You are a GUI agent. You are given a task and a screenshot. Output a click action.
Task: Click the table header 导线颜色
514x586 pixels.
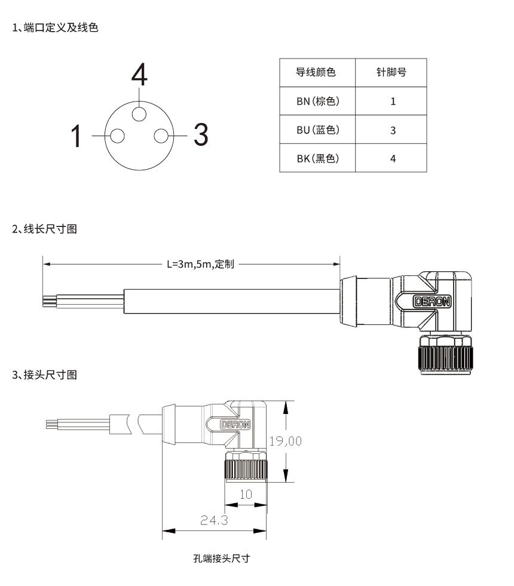pyautogui.click(x=316, y=73)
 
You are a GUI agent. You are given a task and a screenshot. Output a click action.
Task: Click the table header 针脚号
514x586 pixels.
pyautogui.click(x=392, y=73)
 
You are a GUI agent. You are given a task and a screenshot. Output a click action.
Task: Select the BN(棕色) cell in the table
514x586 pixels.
pyautogui.click(x=317, y=101)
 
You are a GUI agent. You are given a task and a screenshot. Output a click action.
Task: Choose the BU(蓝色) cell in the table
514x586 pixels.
pyautogui.click(x=317, y=130)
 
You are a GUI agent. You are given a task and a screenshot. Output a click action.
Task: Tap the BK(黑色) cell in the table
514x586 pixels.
pyautogui.click(x=317, y=158)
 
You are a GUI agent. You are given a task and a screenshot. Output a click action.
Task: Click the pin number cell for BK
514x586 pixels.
pyautogui.click(x=392, y=158)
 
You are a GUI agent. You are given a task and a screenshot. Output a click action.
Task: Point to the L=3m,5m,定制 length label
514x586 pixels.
pyautogui.click(x=200, y=263)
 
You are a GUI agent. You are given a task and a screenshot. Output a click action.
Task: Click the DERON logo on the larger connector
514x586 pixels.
pyautogui.click(x=433, y=302)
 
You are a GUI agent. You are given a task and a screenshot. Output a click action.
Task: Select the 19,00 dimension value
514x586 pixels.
pyautogui.click(x=285, y=441)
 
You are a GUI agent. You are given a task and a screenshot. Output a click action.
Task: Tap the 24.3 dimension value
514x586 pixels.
pyautogui.click(x=213, y=520)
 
